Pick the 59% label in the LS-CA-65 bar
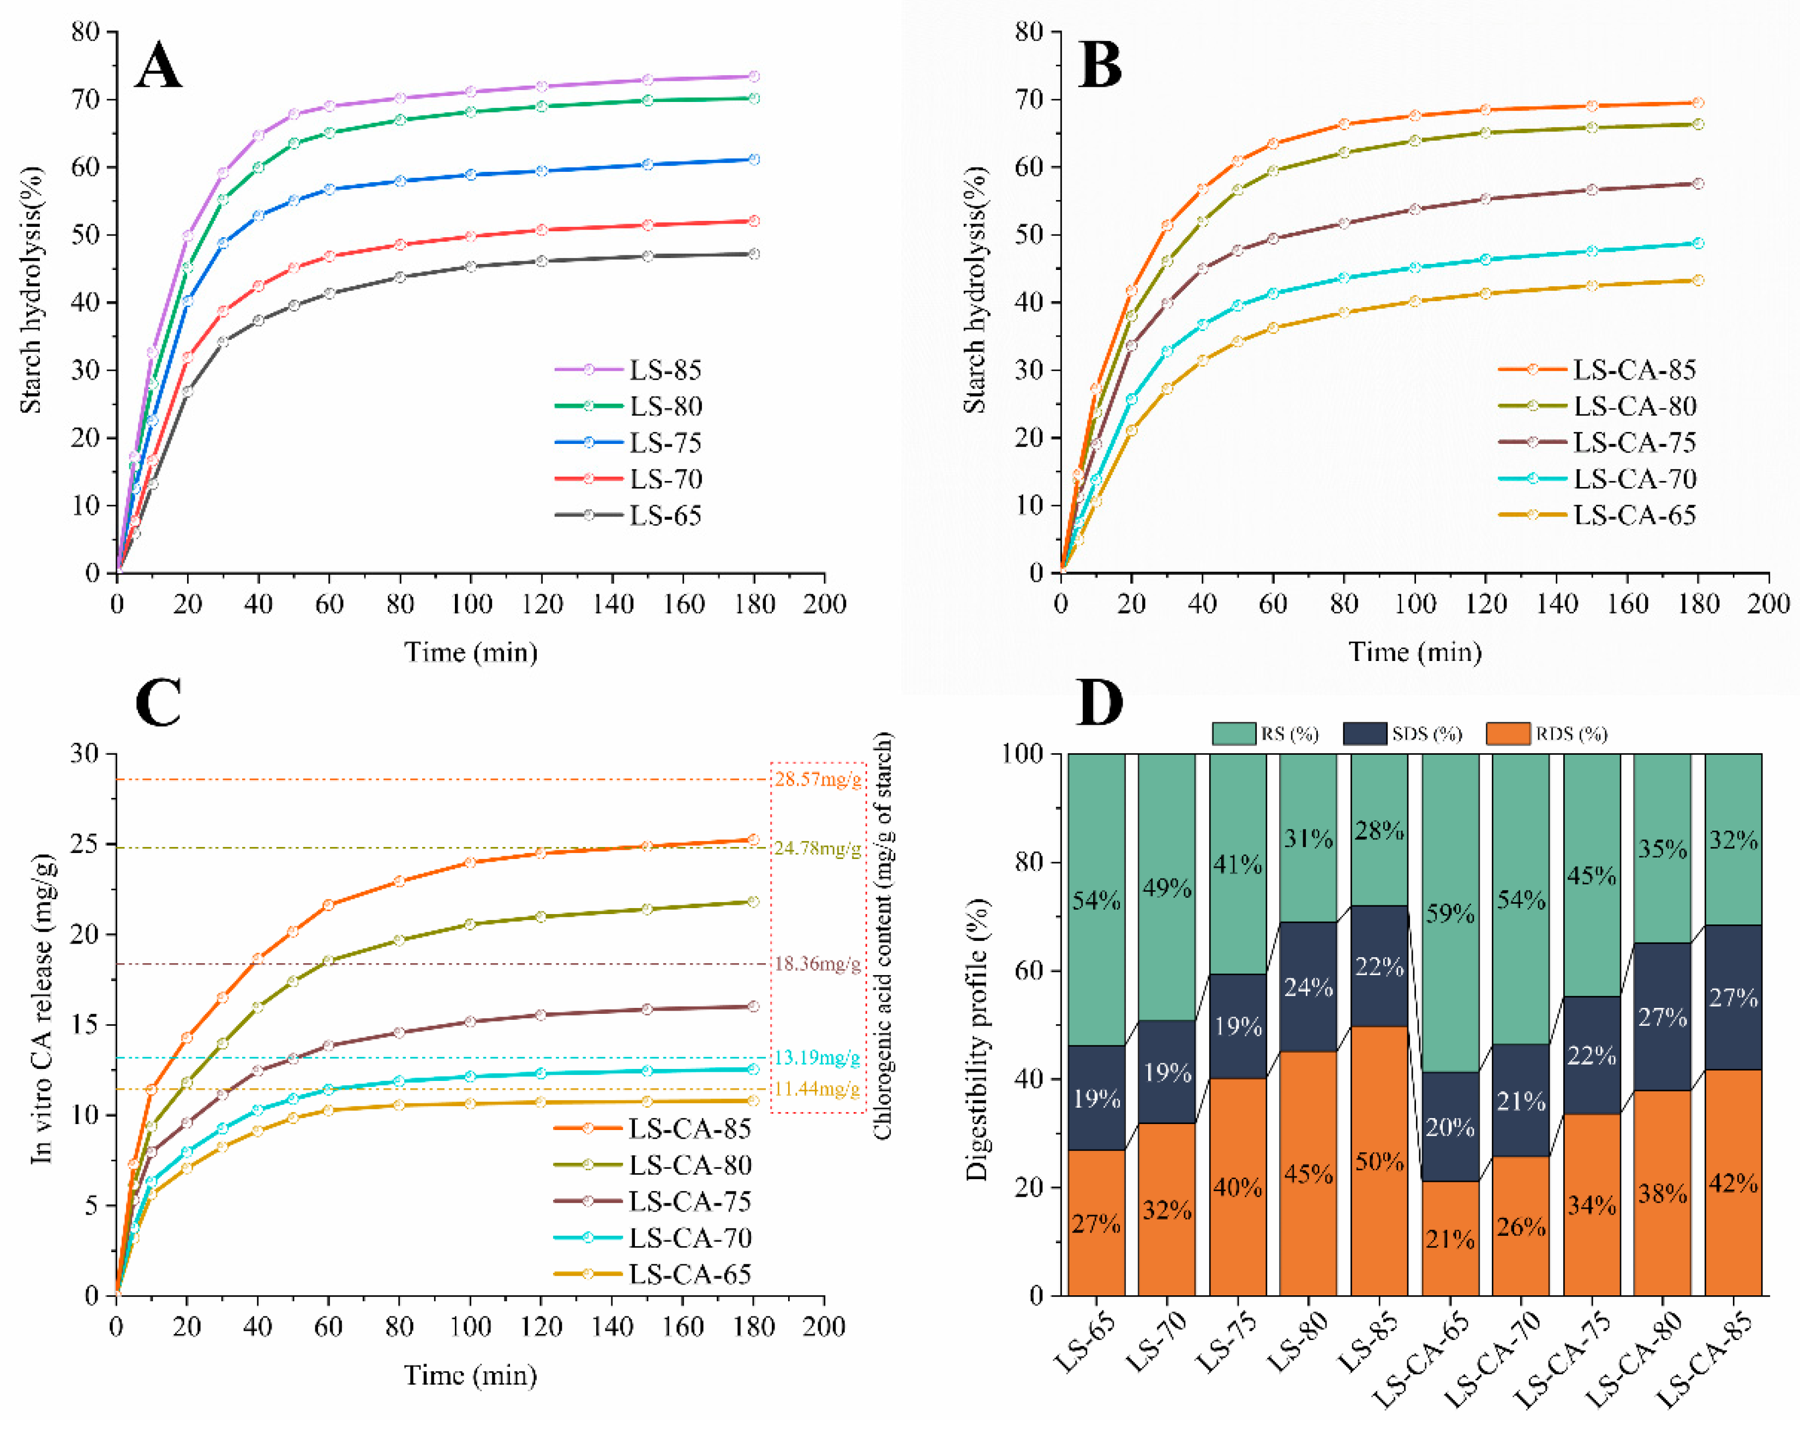[x=1450, y=914]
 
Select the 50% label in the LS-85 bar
[x=1379, y=1161]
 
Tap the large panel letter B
[x=1100, y=65]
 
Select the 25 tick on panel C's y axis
[x=87, y=844]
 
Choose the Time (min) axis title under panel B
[x=1415, y=652]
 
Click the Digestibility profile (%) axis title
[x=977, y=1040]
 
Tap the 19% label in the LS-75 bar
[x=1237, y=1026]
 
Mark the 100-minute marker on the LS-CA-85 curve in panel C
[x=470, y=862]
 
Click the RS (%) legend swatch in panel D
[x=1234, y=734]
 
